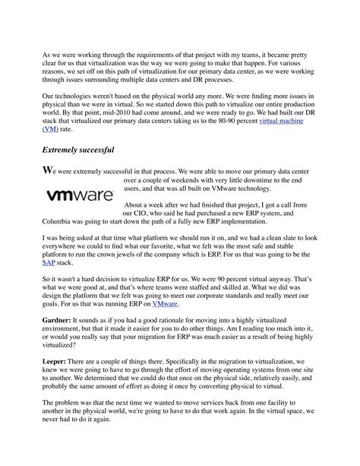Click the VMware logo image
[x=80, y=195]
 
